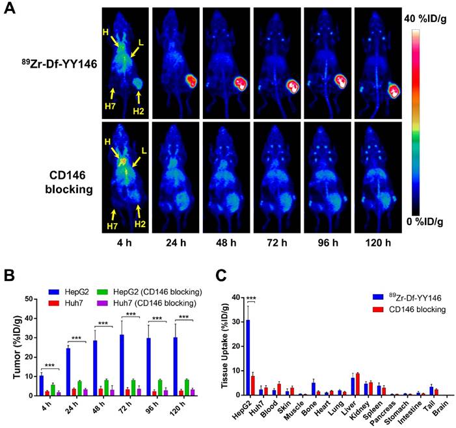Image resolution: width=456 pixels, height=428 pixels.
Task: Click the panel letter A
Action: pos(11,12)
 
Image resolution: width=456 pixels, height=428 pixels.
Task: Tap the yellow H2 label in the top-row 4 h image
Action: pos(139,110)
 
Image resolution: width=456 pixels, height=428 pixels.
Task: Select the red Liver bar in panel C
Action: pos(357,384)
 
